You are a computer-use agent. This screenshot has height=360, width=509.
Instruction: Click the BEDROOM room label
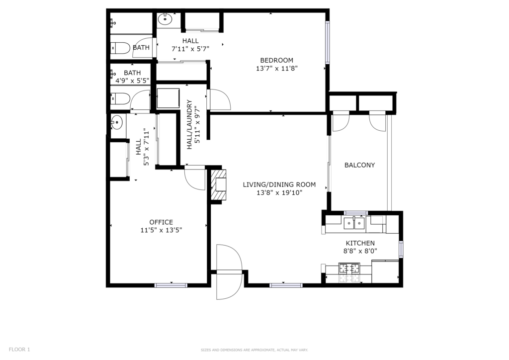pos(276,60)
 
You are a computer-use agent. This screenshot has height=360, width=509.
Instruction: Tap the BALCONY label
pos(360,165)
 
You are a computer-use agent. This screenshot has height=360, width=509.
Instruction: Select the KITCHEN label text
pos(360,243)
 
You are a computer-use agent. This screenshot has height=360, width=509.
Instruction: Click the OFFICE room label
pos(161,222)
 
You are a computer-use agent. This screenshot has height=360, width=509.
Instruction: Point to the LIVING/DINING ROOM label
pos(279,184)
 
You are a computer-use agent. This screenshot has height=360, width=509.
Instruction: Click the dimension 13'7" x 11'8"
pos(276,69)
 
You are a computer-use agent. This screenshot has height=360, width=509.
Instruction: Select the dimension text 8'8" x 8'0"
pos(360,251)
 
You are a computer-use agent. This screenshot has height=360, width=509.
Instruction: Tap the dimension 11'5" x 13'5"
pos(161,230)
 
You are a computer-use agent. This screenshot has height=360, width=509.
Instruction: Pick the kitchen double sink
pos(354,223)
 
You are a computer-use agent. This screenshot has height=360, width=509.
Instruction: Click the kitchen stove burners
pos(349,268)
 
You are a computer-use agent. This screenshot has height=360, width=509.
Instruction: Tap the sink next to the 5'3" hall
pos(116,122)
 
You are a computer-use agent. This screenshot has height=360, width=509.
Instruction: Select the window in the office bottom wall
pos(171,285)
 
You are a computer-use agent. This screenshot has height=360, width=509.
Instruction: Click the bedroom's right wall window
pos(328,42)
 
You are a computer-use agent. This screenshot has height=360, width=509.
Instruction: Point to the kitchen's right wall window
pos(401,249)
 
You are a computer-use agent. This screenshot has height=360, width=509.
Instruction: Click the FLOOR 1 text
pos(19,350)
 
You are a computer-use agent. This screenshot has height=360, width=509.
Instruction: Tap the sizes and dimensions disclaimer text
pos(254,350)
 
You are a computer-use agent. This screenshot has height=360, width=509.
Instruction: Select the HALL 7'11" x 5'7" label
pos(190,45)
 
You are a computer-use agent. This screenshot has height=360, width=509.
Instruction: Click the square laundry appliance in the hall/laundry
pos(168,98)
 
